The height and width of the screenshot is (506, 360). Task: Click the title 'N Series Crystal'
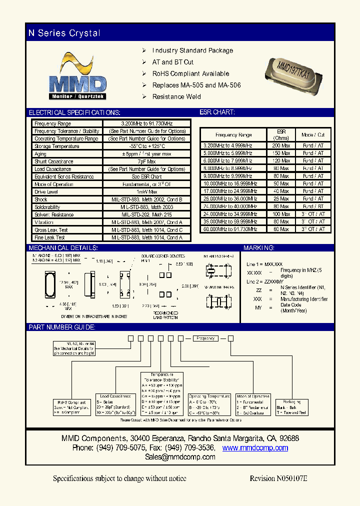(x=64, y=33)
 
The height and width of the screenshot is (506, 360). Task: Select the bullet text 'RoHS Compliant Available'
(x=190, y=73)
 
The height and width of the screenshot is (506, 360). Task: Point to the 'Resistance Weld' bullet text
(x=176, y=96)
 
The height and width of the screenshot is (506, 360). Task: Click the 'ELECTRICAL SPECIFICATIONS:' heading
(x=74, y=112)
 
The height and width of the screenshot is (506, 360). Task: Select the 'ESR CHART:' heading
(x=217, y=112)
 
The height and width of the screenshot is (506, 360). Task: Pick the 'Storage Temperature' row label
(x=57, y=146)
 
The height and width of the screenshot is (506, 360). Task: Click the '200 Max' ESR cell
(x=281, y=145)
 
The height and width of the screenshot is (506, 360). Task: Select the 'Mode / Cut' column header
(x=313, y=135)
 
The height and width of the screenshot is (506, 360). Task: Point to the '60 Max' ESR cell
(x=281, y=229)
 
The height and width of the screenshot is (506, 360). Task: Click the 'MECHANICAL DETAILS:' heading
(x=63, y=248)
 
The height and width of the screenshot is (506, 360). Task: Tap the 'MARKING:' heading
(x=258, y=248)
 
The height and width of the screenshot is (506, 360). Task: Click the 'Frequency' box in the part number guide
(x=205, y=338)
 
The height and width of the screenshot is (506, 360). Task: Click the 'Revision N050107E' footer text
(x=278, y=478)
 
